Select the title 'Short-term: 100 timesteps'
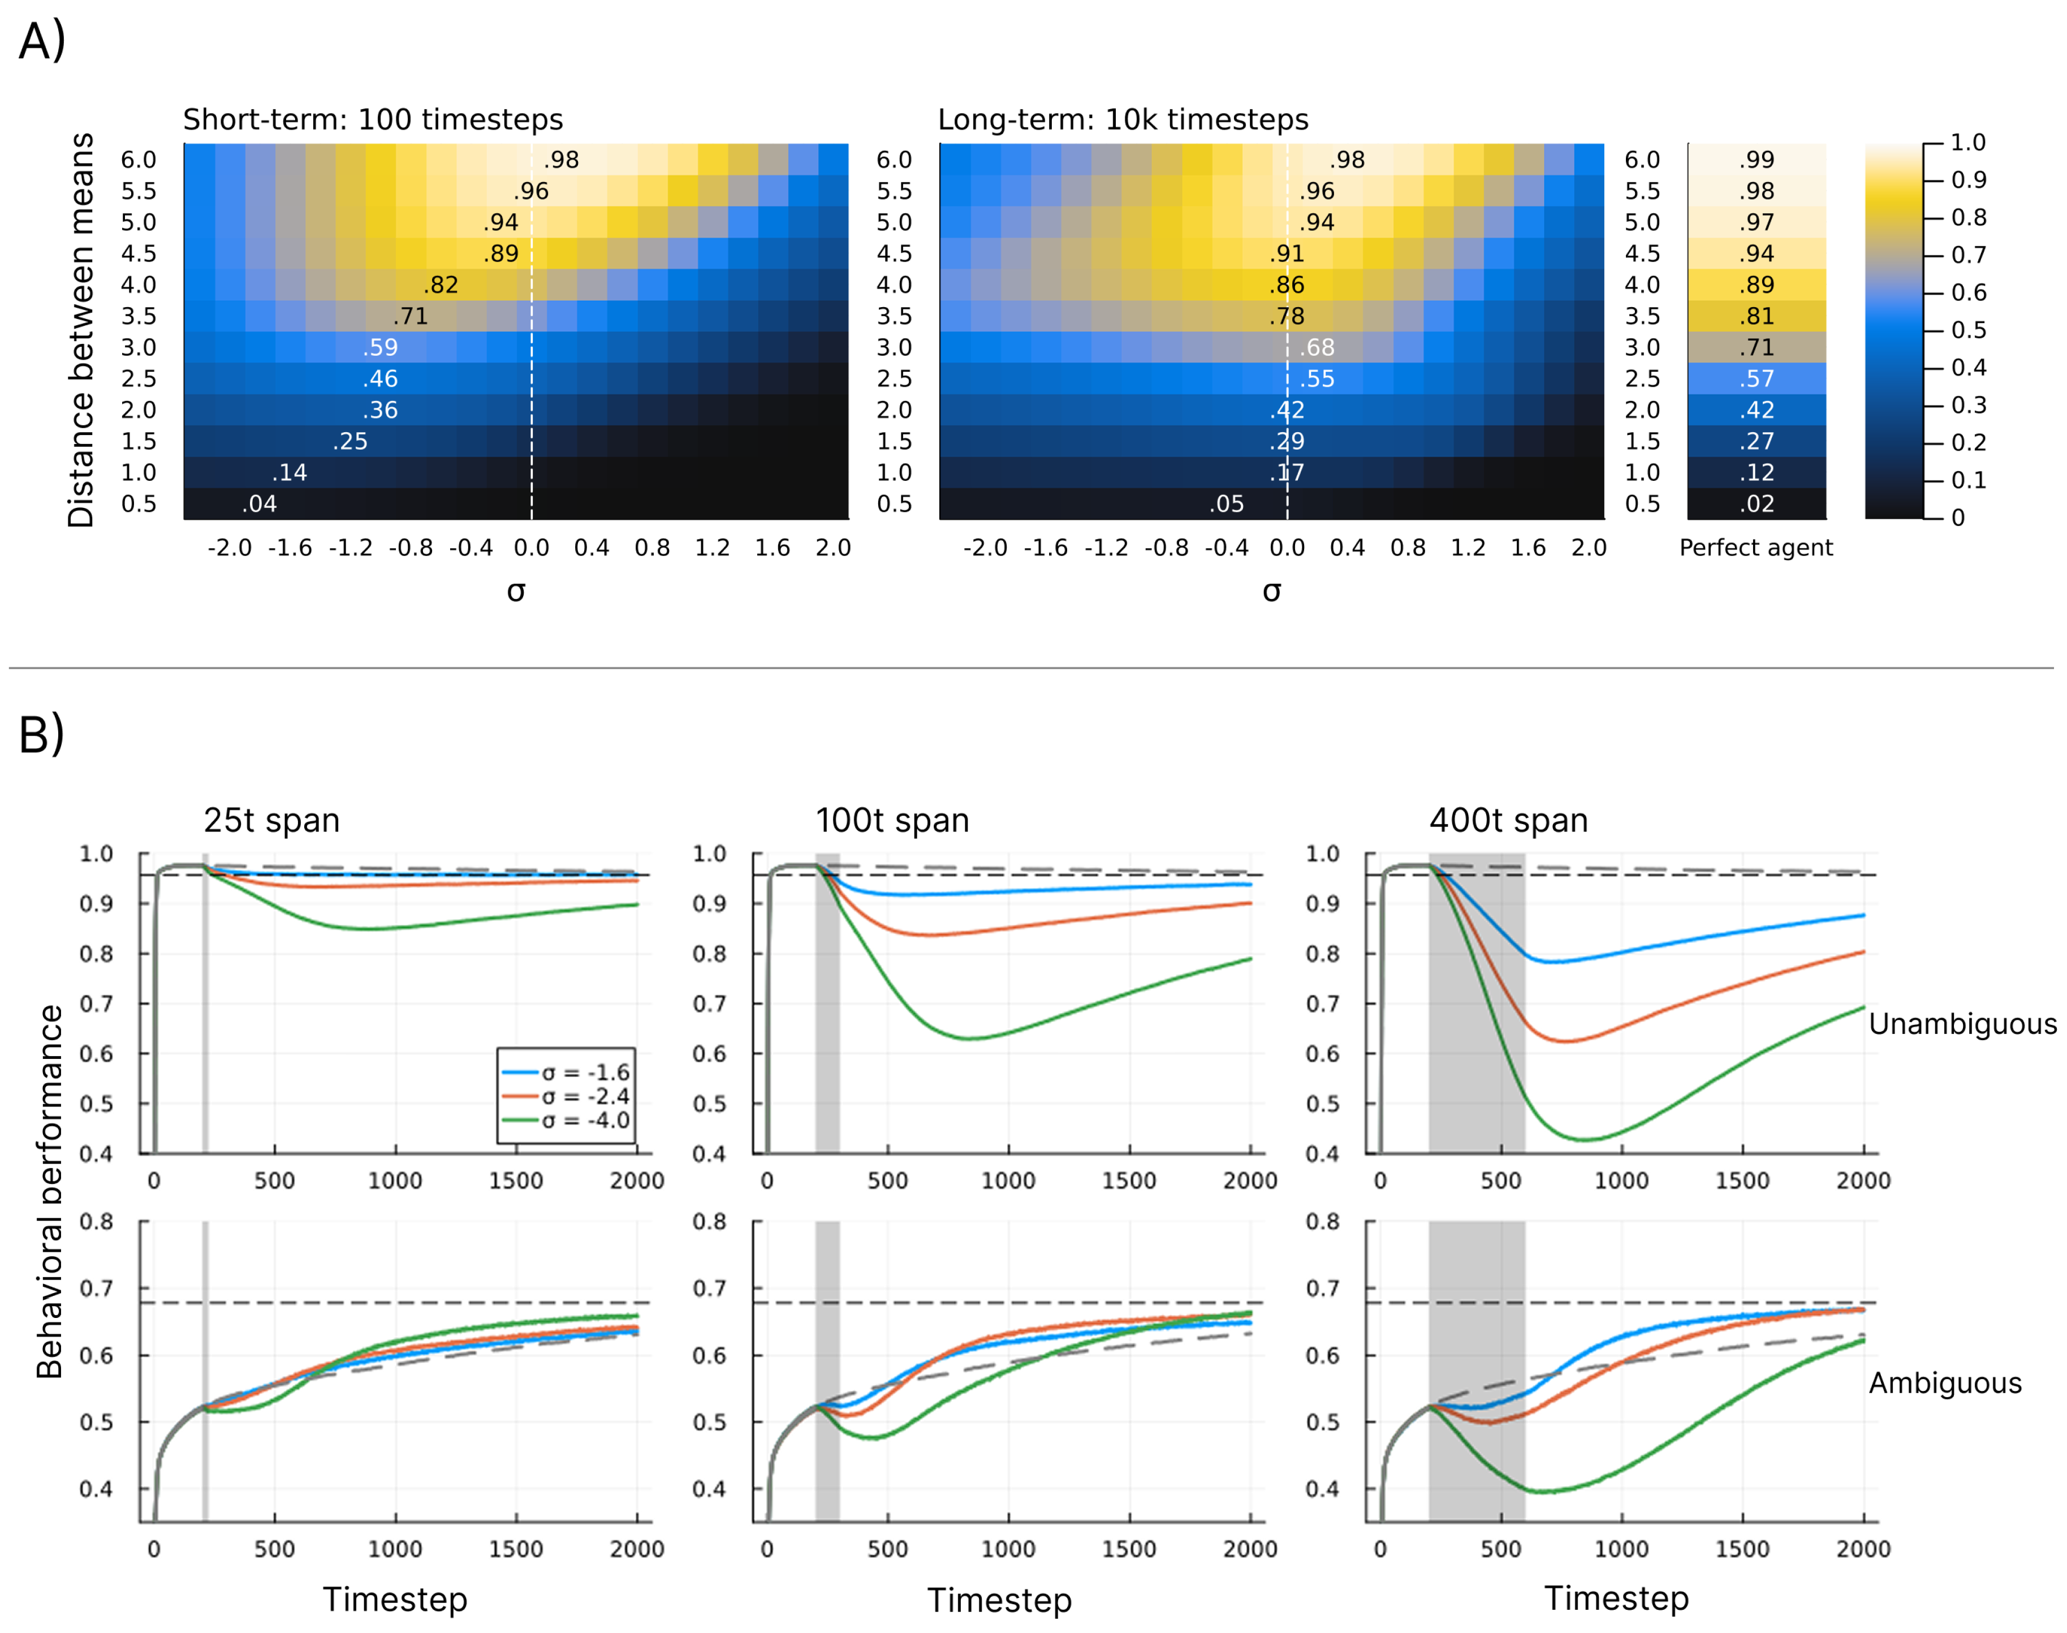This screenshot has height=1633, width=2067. click(x=373, y=119)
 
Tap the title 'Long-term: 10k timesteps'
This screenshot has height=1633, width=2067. click(x=1123, y=119)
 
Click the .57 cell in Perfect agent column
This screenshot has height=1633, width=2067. click(x=1757, y=378)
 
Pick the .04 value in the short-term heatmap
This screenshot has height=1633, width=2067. click(x=259, y=504)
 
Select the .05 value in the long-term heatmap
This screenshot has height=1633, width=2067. click(x=1227, y=504)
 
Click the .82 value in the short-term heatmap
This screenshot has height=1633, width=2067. click(x=441, y=285)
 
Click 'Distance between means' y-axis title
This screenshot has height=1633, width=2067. click(x=81, y=330)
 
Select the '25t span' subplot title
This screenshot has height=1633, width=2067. click(x=271, y=820)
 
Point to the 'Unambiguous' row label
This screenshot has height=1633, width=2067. click(x=1962, y=1024)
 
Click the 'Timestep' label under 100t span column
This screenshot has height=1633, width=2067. click(x=999, y=1600)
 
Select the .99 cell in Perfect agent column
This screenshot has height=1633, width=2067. click(x=1757, y=160)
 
